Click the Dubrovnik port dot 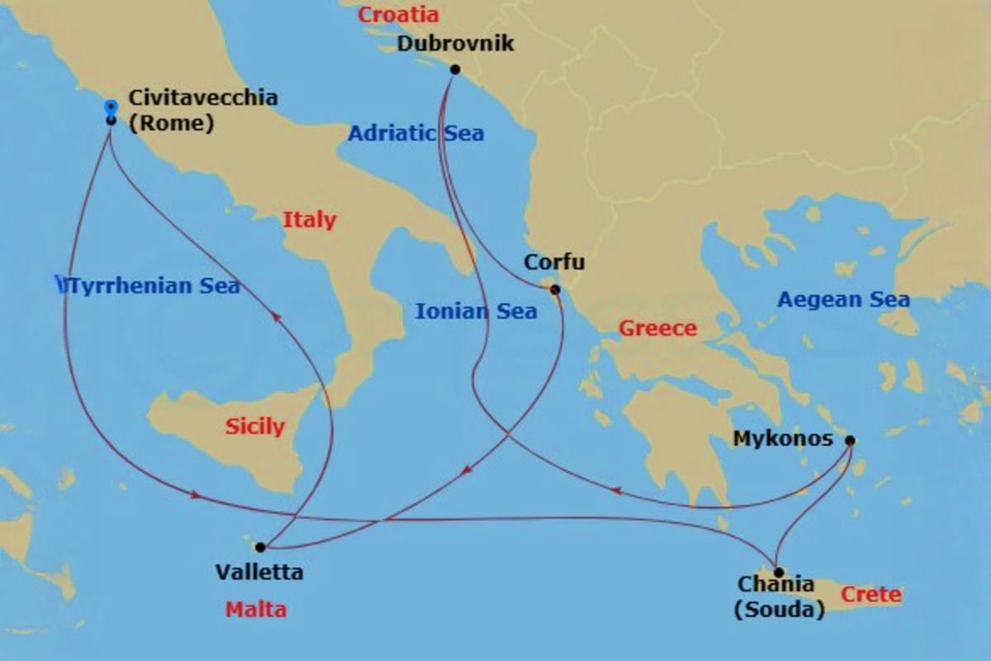point(454,70)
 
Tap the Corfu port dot point(555,289)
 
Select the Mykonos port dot point(850,440)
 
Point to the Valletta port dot point(260,547)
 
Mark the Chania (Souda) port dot point(778,572)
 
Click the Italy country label point(310,220)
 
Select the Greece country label point(658,329)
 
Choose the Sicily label point(254,427)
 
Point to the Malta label point(256,611)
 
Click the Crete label point(871,595)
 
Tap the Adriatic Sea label point(415,133)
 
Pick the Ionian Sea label point(476,311)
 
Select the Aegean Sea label point(843,300)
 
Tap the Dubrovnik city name point(455,43)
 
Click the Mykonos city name point(783,439)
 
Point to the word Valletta point(258,572)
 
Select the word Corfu point(554,263)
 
